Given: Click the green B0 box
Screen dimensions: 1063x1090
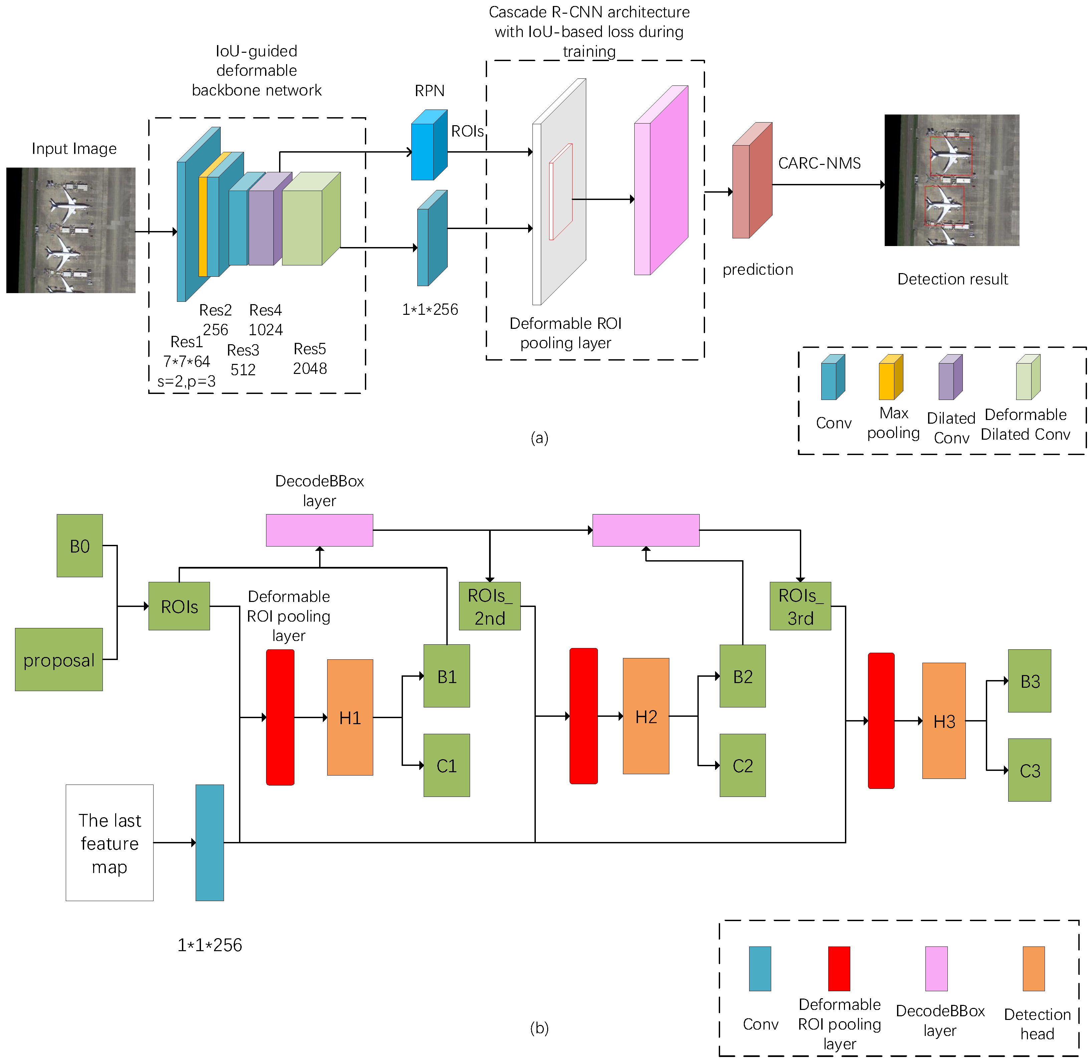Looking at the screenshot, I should coord(79,546).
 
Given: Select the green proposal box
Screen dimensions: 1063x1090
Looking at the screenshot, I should coord(59,659).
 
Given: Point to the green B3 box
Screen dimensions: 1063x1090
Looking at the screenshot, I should coord(1029,680).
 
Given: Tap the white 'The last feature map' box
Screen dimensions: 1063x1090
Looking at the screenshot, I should coord(110,842).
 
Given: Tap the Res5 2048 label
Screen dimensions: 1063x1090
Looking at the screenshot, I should coord(310,359).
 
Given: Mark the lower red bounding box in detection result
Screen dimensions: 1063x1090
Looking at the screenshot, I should coord(944,205).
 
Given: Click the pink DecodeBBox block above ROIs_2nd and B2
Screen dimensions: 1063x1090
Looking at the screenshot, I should coord(646,530).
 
